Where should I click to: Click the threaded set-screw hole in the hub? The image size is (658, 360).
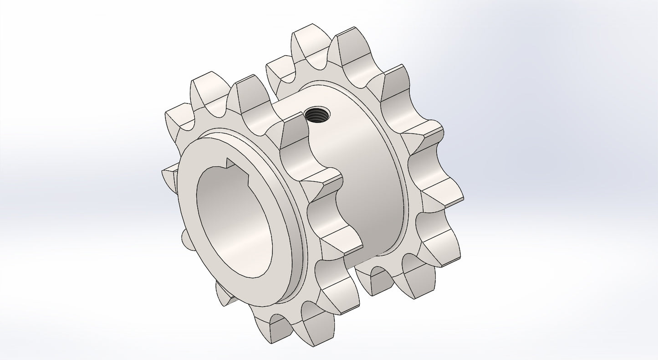pos(318,114)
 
